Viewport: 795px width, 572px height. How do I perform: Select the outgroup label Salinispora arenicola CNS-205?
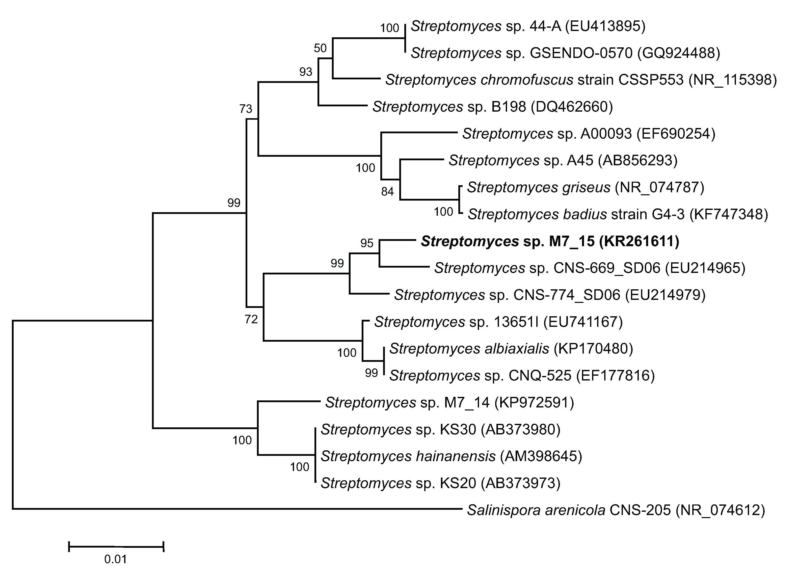[616, 510]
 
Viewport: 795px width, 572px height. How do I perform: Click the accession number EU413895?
[605, 26]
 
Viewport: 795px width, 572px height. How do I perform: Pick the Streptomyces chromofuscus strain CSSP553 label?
[581, 80]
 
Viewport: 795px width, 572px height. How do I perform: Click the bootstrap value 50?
[320, 48]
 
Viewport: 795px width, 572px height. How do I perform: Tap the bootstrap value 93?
[306, 72]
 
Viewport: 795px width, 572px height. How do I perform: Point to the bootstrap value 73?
[246, 109]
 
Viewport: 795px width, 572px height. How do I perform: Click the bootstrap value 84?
[387, 192]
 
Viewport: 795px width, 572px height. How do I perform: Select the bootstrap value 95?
[367, 243]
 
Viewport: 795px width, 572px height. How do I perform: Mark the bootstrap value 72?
[251, 319]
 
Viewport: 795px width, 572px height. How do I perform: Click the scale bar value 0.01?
[115, 559]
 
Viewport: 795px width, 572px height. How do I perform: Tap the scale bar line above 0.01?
[116, 546]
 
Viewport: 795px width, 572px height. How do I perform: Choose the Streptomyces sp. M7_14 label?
[449, 403]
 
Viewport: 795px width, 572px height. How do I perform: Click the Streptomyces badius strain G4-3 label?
[618, 214]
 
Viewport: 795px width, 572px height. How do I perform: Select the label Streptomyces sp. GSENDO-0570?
[565, 53]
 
